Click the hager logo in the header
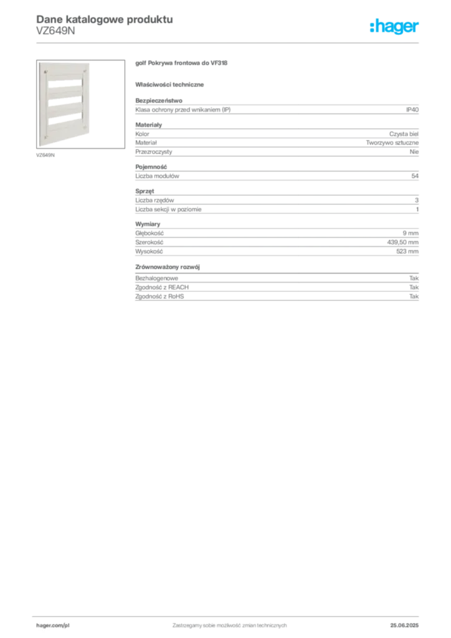tap(394, 26)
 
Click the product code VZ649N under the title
tap(55, 31)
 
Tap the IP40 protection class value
tap(412, 110)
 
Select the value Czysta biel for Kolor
tap(404, 134)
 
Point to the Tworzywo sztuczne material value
tap(392, 143)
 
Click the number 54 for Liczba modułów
tap(415, 176)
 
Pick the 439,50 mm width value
tap(402, 242)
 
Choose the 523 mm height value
tap(407, 252)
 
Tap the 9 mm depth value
tap(411, 233)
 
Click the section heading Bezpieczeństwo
tap(159, 100)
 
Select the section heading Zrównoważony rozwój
tap(168, 267)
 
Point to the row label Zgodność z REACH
tap(162, 287)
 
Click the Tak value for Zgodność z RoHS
tap(414, 297)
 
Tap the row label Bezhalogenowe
tap(156, 279)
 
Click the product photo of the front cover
tap(80, 104)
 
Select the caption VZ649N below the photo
tap(45, 155)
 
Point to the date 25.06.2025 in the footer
tap(404, 626)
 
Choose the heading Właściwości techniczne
tap(169, 85)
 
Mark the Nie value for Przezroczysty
tap(414, 152)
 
